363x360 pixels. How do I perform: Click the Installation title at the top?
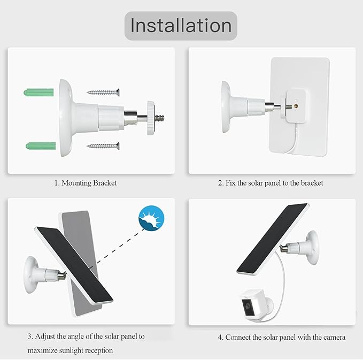coord(181,26)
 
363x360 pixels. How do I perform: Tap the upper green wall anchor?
coord(38,92)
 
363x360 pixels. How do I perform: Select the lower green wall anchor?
coord(41,146)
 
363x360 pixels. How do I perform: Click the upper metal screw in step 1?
coord(103,93)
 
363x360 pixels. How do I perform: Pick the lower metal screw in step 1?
coord(103,146)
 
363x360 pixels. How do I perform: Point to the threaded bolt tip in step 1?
coord(159,118)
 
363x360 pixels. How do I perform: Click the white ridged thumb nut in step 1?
coord(150,118)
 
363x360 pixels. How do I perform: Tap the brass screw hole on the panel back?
coord(296,106)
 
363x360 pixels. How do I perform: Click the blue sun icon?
coord(151,218)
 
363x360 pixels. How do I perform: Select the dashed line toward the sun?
coord(119,246)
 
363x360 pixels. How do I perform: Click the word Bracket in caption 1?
coord(105,183)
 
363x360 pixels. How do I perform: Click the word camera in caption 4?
coord(334,338)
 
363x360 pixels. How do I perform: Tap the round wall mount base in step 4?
coord(312,248)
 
